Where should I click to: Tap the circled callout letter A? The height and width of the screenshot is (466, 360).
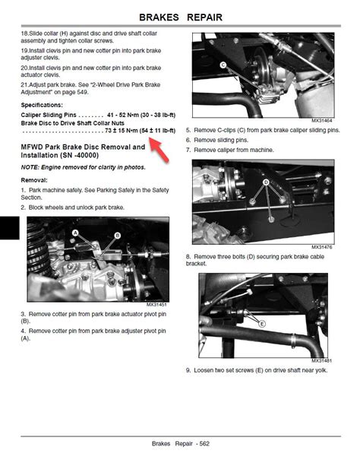click(x=75, y=233)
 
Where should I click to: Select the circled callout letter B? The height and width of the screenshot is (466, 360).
click(x=118, y=236)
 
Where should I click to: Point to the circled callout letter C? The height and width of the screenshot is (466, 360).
click(x=223, y=65)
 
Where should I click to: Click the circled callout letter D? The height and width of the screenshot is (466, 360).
click(x=266, y=182)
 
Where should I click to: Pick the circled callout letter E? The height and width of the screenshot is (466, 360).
click(x=262, y=324)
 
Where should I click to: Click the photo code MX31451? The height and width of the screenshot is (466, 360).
click(x=156, y=305)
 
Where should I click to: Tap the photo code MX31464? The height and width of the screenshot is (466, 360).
click(x=322, y=120)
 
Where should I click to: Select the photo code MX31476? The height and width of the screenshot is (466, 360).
click(x=322, y=247)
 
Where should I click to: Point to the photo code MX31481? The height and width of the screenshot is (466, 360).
click(x=322, y=360)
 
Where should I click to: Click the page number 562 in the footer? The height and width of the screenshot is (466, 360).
click(x=204, y=444)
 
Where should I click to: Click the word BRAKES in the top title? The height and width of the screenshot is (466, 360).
click(x=159, y=17)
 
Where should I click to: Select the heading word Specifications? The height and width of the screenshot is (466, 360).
click(x=42, y=105)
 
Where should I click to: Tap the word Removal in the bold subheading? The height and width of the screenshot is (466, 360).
click(x=34, y=180)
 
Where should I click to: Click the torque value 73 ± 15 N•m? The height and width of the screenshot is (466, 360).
click(x=122, y=131)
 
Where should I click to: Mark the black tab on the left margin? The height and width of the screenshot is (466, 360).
click(x=10, y=227)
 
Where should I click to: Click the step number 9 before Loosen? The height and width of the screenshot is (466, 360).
click(x=188, y=370)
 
